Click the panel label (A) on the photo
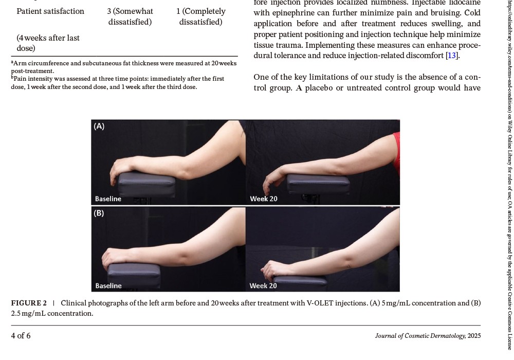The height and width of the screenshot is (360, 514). click(x=99, y=126)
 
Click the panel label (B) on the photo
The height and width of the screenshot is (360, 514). click(x=99, y=213)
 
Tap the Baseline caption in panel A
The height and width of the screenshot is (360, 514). click(x=108, y=199)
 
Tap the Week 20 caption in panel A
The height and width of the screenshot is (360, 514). click(x=264, y=199)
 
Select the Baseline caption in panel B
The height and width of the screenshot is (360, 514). click(x=108, y=285)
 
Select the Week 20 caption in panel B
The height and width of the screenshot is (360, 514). click(x=263, y=285)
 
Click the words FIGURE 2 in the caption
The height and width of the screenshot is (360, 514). click(x=29, y=303)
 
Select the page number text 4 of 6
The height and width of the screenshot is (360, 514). click(x=21, y=336)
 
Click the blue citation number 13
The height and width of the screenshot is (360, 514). click(x=452, y=56)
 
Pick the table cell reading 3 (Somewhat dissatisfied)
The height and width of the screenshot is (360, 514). click(x=130, y=16)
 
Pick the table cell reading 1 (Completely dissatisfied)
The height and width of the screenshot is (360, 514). click(x=200, y=16)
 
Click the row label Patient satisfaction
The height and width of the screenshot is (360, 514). click(x=50, y=11)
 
